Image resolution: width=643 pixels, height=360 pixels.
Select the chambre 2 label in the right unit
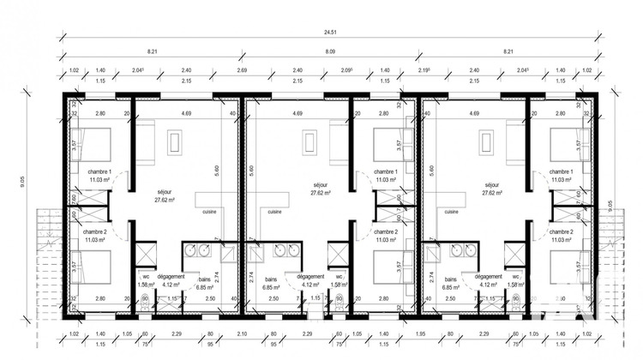tap(561, 232)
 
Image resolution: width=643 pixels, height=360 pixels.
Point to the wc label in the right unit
tap(518, 278)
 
